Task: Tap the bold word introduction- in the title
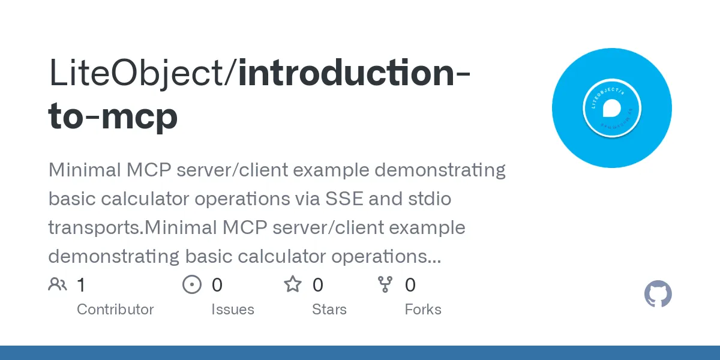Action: coord(354,73)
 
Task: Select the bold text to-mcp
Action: coord(113,116)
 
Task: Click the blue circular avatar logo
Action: coord(611,108)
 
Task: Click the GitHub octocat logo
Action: coord(658,295)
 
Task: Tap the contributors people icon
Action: coord(58,284)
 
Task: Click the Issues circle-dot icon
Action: coord(191,284)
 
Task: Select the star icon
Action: coord(293,284)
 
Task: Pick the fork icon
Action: coord(385,284)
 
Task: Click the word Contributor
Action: coord(115,310)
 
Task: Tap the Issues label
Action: coord(232,310)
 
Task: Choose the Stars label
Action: coord(329,310)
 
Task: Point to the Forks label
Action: coord(422,310)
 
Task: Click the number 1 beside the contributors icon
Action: coord(81,285)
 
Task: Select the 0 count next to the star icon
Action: coord(318,285)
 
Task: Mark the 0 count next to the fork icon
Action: coord(410,285)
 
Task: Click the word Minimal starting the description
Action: coord(85,170)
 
